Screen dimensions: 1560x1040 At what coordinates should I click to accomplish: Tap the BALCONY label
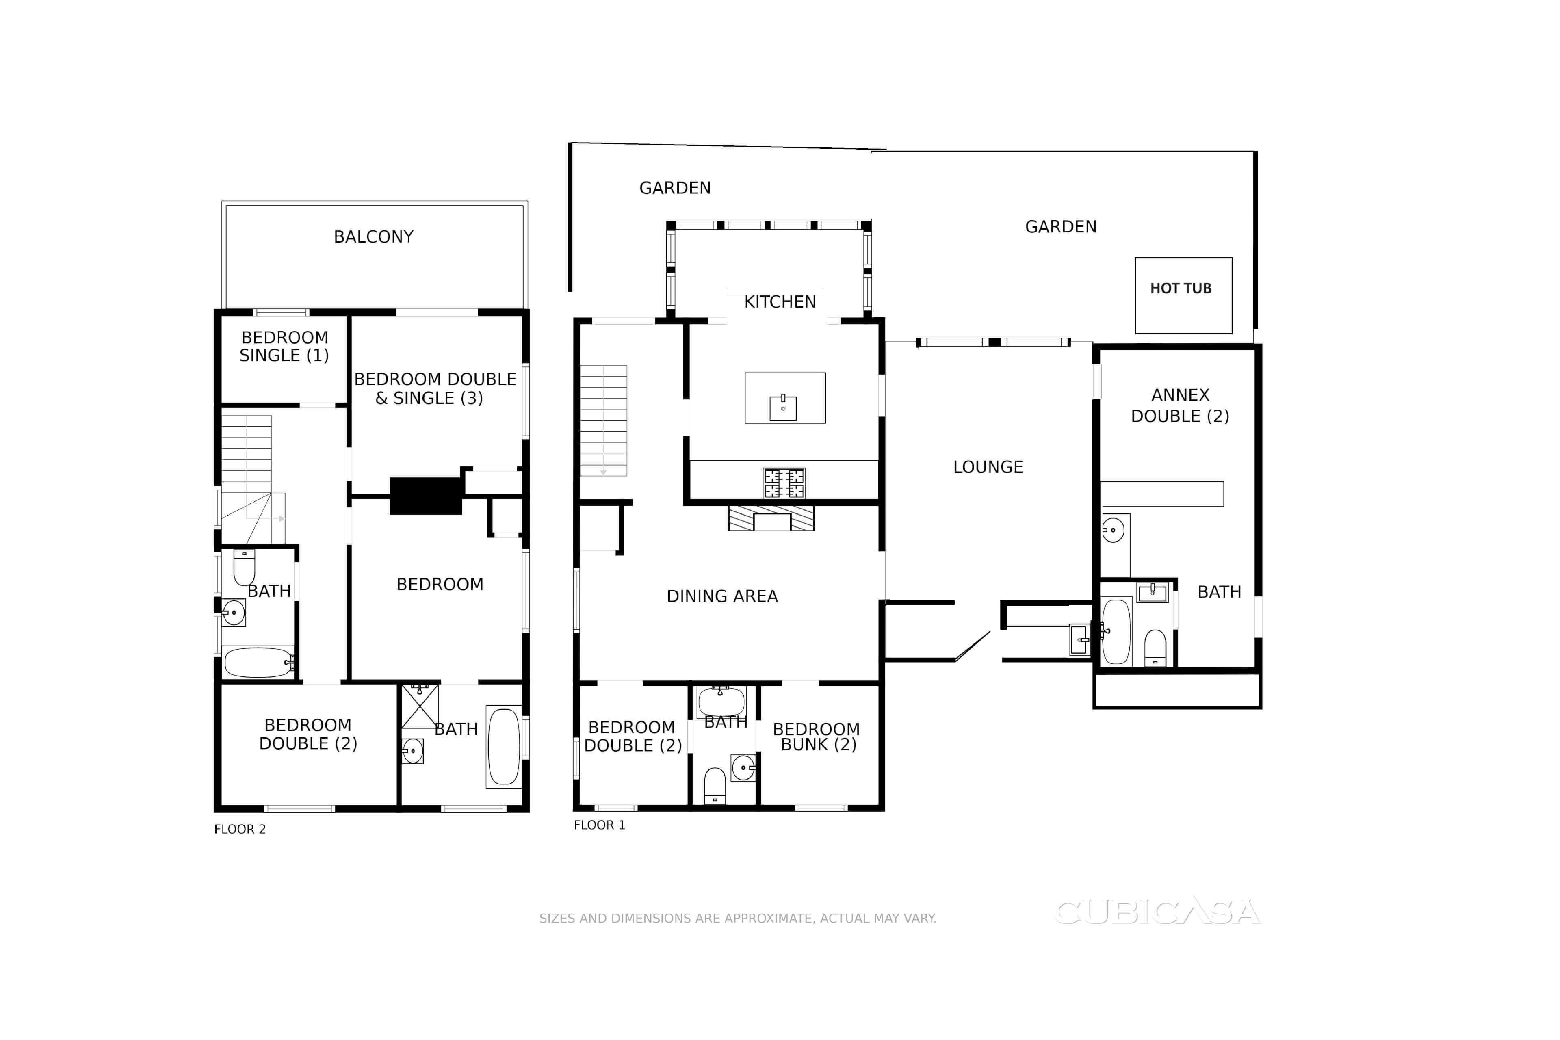coord(373,237)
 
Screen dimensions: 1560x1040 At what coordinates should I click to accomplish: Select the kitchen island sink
coord(783,408)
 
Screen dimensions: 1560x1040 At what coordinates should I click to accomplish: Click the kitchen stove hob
coord(784,483)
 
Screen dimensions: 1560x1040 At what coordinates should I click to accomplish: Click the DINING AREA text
coord(722,596)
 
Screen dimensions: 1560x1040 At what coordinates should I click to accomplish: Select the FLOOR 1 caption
coord(600,825)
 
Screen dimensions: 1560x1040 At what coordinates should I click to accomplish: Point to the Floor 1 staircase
coord(604,420)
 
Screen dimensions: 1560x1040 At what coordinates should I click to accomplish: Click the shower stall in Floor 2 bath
coord(420,706)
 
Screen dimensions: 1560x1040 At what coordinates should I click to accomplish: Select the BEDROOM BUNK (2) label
coord(817,737)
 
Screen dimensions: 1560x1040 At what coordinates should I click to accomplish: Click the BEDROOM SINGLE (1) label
coord(284,346)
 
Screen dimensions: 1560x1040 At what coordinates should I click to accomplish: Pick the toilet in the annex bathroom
coord(1155,647)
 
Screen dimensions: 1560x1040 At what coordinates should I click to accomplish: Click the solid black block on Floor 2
coord(426,496)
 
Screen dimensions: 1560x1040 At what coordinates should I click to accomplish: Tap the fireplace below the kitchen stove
coord(771,518)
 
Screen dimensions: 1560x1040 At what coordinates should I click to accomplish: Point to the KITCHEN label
coord(780,302)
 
